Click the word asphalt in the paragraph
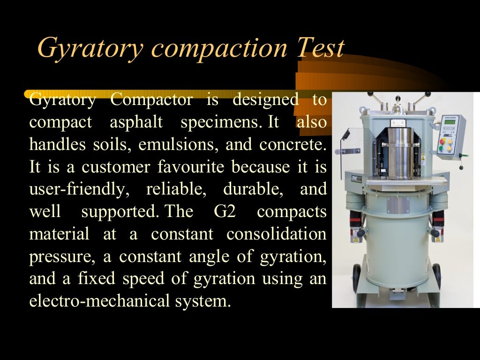point(136,122)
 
